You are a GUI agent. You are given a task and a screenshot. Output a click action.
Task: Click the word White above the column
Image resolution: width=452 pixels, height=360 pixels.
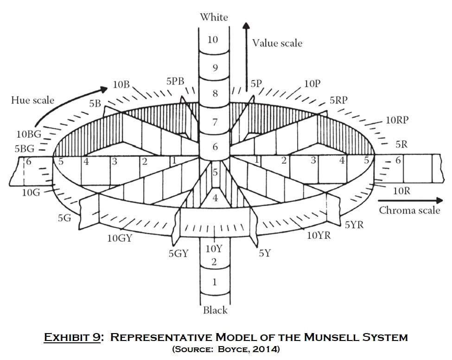[x=214, y=17]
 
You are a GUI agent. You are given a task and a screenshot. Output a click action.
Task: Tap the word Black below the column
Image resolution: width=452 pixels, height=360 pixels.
[x=215, y=310]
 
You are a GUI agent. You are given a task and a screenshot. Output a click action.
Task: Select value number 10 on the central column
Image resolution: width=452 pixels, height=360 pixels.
[x=213, y=39]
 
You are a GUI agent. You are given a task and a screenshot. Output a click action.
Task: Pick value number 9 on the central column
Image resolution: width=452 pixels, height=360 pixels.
[x=215, y=68]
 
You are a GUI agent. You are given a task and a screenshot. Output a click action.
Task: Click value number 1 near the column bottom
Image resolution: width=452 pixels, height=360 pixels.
[x=214, y=282]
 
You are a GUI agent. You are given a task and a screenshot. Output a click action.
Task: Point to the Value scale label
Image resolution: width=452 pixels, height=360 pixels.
[x=277, y=43]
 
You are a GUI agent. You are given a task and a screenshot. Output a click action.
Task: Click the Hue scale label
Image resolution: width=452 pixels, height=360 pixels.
[x=32, y=100]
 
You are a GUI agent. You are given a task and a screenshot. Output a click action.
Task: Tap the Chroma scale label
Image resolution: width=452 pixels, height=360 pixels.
[x=409, y=210]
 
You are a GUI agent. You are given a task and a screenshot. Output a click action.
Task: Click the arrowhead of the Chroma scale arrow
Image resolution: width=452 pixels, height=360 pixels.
[x=439, y=200]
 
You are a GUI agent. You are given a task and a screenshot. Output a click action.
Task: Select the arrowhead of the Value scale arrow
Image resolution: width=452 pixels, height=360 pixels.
[x=246, y=26]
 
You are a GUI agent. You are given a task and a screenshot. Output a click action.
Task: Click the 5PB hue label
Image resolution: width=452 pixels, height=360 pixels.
[x=175, y=81]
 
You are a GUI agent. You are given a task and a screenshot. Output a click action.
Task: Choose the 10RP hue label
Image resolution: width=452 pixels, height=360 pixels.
[x=397, y=120]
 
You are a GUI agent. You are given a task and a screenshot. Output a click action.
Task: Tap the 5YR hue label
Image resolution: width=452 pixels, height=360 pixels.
[x=354, y=225]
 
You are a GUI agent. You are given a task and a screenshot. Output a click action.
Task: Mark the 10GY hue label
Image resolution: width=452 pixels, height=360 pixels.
[x=120, y=238]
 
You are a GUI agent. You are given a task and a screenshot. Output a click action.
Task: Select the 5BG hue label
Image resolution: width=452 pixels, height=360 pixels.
[x=25, y=149]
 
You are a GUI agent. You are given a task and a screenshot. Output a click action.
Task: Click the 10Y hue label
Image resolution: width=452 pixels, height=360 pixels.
[x=214, y=249]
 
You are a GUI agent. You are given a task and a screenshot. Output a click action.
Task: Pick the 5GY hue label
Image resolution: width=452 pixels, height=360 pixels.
[x=178, y=254]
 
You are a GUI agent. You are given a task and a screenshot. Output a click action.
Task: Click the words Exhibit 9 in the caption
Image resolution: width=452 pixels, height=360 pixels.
[x=72, y=337]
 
